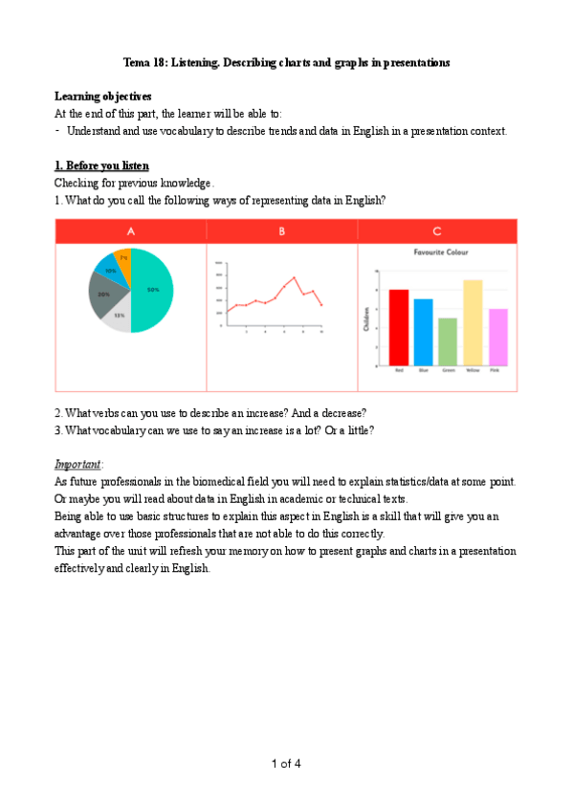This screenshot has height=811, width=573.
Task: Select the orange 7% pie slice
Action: click(x=123, y=259)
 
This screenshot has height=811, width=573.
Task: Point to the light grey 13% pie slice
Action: click(x=118, y=318)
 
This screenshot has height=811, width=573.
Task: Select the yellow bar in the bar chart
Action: click(x=473, y=323)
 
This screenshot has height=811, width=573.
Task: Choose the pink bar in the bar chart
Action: click(x=497, y=338)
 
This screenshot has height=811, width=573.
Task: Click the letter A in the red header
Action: click(x=130, y=231)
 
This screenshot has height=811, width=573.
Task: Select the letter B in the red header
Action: click(x=282, y=231)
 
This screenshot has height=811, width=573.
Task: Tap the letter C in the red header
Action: click(x=437, y=231)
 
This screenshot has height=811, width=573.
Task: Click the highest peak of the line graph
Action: click(x=294, y=277)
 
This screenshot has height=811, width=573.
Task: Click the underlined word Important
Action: click(x=77, y=464)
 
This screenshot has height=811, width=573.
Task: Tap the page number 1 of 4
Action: click(x=286, y=763)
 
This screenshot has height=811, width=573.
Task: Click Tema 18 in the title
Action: click(x=147, y=62)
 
